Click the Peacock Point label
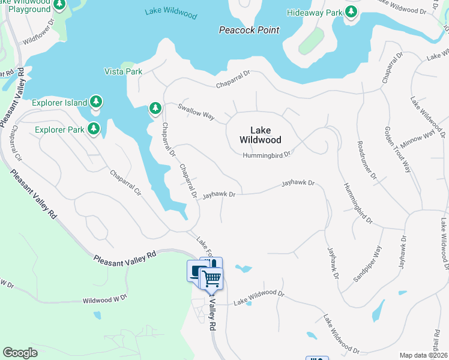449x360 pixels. (249, 30)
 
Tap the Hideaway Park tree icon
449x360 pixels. (351, 13)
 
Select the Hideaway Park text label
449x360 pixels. (313, 13)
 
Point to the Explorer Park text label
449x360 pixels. (59, 130)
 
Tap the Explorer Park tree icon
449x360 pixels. (93, 129)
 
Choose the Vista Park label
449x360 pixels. (122, 71)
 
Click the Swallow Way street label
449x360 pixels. (196, 111)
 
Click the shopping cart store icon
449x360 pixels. (211, 278)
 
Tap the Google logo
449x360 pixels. (20, 353)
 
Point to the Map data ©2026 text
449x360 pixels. (423, 355)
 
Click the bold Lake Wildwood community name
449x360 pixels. (260, 135)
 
